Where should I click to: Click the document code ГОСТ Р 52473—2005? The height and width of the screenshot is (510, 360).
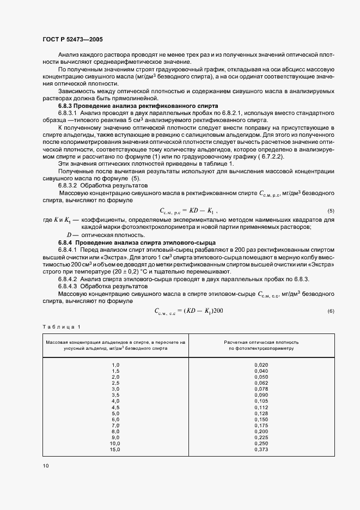coord(72,39)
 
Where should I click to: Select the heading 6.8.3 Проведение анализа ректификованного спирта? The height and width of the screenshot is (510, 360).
coord(138,105)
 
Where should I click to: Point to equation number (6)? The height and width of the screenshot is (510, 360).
coord(330,311)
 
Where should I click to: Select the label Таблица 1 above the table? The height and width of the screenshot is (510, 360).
coord(61,326)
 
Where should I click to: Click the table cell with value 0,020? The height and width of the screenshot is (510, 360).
coord(261,364)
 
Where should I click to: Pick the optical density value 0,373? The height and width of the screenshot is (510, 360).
coord(261,449)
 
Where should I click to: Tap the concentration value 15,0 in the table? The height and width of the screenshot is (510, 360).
coord(114,449)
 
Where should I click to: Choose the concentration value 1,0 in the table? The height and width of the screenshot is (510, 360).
coord(115,364)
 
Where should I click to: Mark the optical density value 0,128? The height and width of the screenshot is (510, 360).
coord(261,413)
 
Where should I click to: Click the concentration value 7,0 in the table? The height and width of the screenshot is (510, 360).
coord(115,425)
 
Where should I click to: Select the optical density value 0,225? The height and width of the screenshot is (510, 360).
coord(261,437)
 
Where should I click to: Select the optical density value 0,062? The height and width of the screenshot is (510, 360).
coord(261,382)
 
